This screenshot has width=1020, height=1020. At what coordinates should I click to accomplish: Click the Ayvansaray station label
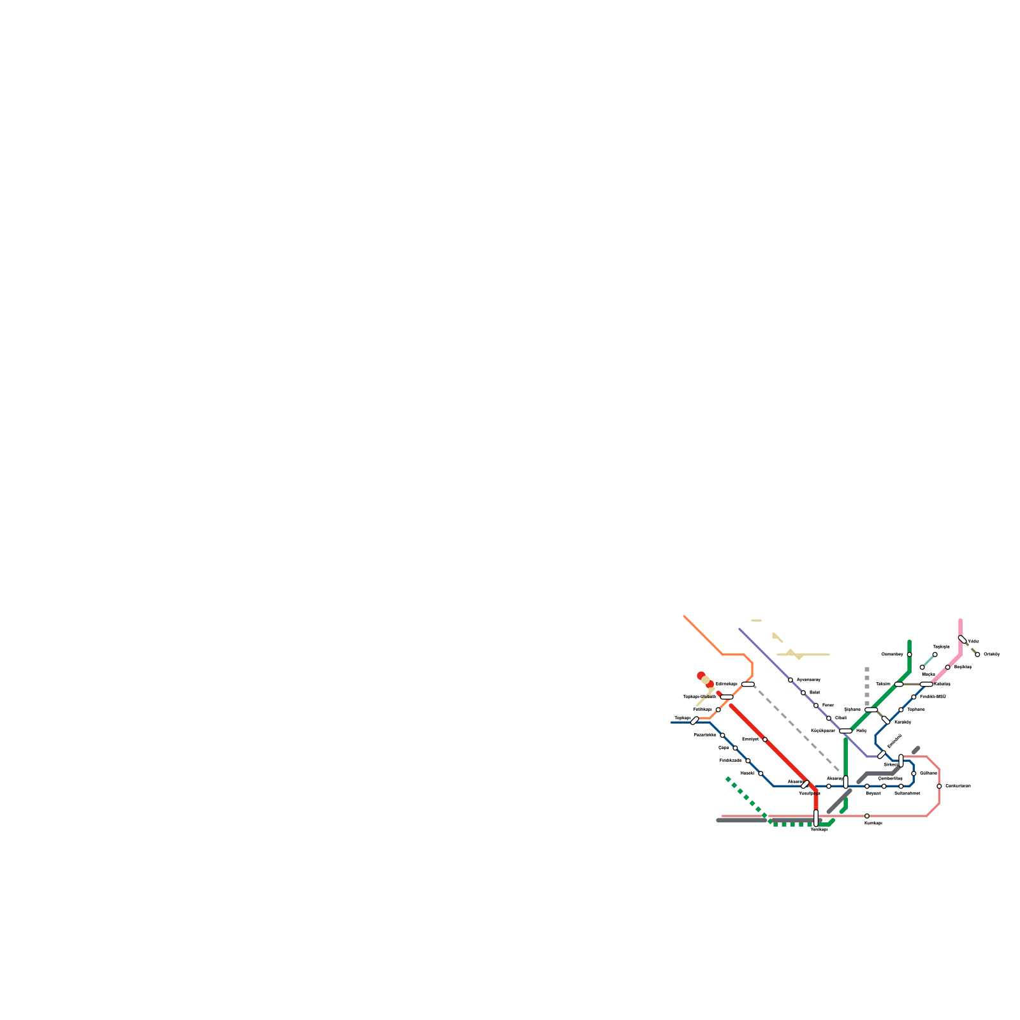pos(808,680)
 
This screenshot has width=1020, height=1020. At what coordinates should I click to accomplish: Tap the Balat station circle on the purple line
pos(803,693)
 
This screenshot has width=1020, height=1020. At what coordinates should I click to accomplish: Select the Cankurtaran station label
pos(958,786)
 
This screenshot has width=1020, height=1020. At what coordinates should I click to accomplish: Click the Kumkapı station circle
pos(867,816)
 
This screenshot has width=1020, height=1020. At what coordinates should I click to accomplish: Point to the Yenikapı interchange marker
pos(816,818)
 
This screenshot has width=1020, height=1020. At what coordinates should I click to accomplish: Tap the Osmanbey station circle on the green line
pos(910,655)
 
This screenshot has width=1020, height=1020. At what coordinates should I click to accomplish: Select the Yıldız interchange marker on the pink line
pos(963,639)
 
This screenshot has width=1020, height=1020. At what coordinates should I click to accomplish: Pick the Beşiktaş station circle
pos(948,667)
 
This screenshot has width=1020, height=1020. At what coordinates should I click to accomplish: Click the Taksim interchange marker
pos(899,685)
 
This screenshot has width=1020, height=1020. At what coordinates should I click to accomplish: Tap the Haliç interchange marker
pos(846,731)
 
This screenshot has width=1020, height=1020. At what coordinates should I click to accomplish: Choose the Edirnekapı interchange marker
pos(748,685)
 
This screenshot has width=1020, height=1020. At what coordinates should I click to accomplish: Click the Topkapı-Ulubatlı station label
pos(699,697)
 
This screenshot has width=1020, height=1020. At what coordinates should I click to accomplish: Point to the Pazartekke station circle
pos(722,736)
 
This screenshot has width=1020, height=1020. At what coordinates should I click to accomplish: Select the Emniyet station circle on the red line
pos(765,739)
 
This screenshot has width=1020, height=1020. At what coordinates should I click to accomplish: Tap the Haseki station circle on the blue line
pos(761,774)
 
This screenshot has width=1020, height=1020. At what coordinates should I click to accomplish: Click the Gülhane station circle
pos(914,774)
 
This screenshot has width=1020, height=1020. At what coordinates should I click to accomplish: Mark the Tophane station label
pos(915,710)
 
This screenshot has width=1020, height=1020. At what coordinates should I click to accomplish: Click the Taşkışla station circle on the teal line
pos(935,655)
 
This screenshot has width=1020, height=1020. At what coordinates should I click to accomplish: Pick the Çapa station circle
pos(735,748)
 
